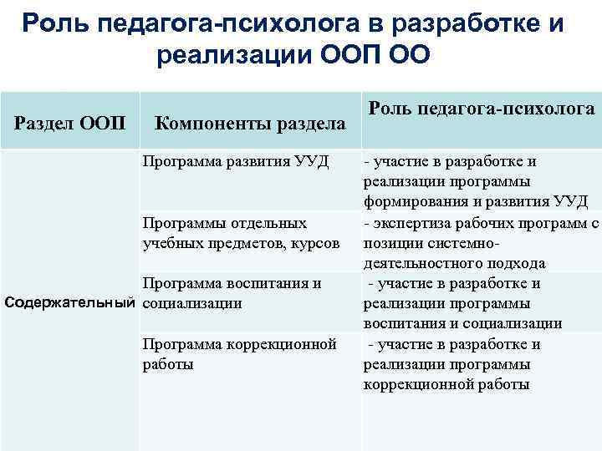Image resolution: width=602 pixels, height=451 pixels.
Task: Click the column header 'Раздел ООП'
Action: [x=71, y=124]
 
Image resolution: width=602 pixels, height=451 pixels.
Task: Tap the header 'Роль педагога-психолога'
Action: [x=482, y=109]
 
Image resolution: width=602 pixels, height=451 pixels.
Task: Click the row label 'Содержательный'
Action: [x=70, y=302]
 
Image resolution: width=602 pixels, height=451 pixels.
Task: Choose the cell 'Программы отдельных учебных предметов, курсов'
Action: [x=241, y=233]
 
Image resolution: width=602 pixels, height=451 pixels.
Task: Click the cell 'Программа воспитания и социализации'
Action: [x=232, y=292]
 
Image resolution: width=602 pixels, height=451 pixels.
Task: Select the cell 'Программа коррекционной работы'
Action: [x=239, y=353]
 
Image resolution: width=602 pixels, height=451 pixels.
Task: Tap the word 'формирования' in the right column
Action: [x=409, y=202]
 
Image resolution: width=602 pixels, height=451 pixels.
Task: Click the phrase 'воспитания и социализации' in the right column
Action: [x=462, y=322]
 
